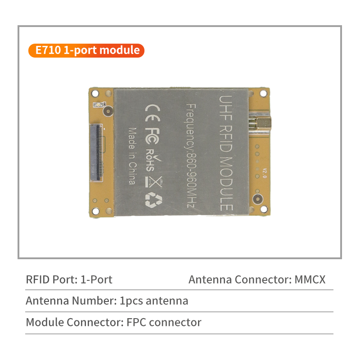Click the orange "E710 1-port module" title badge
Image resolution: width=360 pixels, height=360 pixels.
(x=86, y=50)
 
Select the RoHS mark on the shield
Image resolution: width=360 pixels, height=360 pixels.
(x=152, y=159)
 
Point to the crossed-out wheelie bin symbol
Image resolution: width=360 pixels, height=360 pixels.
(x=150, y=181)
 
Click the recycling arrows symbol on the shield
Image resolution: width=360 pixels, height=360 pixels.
(x=150, y=200)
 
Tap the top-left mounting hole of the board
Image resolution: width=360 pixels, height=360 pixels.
(x=95, y=93)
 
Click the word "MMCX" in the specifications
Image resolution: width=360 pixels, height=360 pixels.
(x=310, y=279)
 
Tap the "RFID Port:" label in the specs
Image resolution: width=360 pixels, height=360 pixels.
(x=52, y=279)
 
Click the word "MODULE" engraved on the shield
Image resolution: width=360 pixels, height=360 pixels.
(x=226, y=184)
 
